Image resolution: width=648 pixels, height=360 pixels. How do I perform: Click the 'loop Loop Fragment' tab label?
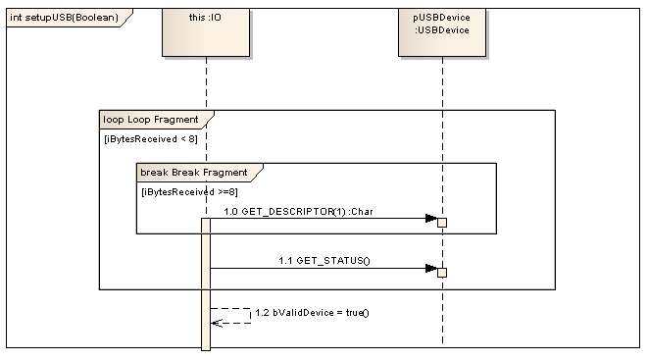(x=151, y=120)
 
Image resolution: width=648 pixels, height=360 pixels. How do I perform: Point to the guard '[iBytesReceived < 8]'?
(x=151, y=139)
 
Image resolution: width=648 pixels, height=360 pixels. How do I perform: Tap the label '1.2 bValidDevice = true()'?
(x=311, y=313)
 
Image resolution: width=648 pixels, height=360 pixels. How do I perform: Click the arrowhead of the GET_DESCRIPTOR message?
(x=430, y=219)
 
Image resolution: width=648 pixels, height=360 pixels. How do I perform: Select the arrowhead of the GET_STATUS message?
(x=430, y=268)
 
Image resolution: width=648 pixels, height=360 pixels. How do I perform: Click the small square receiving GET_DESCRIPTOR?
(x=442, y=223)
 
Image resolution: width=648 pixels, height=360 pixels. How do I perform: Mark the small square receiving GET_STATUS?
(x=442, y=272)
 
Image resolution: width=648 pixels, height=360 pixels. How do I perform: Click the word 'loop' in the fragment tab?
(x=113, y=120)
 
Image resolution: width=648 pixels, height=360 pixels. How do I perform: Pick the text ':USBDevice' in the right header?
(x=442, y=29)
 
